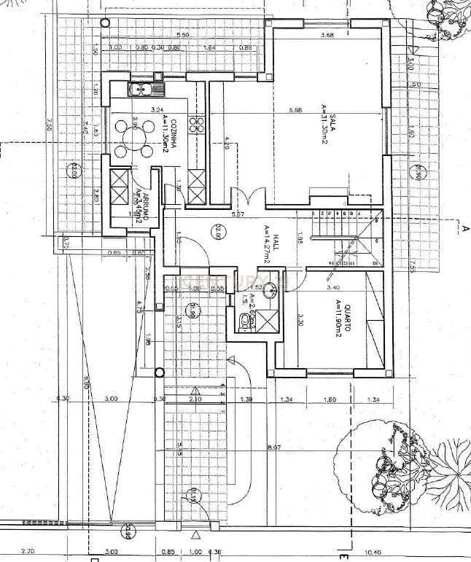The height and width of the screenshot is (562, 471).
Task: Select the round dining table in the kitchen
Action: [134, 138]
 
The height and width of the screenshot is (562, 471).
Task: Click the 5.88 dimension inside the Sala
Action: [295, 111]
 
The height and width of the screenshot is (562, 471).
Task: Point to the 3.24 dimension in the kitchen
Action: [156, 110]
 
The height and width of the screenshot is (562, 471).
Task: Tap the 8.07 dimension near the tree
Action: [275, 446]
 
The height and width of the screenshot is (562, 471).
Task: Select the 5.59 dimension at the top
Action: [182, 35]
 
